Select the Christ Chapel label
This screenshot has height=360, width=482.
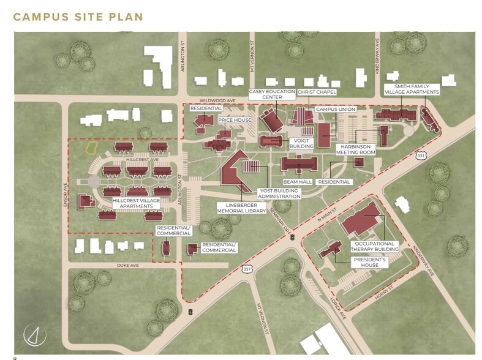317,92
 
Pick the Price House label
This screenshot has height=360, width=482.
235,121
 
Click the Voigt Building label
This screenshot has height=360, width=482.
300,143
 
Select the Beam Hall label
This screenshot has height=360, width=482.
298,182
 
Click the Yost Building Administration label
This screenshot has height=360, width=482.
279,193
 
